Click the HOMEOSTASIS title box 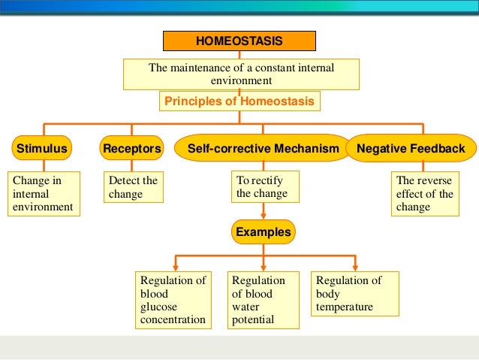tap(240, 41)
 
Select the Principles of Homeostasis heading tap(240, 101)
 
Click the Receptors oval tap(132, 149)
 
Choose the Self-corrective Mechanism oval tap(263, 149)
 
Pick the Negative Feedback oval tap(411, 149)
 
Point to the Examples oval tap(263, 232)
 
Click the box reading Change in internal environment tap(43, 194)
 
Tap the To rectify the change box tap(263, 187)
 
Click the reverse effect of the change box tap(424, 194)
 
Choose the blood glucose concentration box tap(173, 301)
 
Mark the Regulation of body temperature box tap(355, 294)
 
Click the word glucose tap(158, 307)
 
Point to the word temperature tap(345, 307)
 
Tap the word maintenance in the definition tap(197, 68)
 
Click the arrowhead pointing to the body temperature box tap(355, 267)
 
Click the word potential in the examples tap(253, 321)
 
